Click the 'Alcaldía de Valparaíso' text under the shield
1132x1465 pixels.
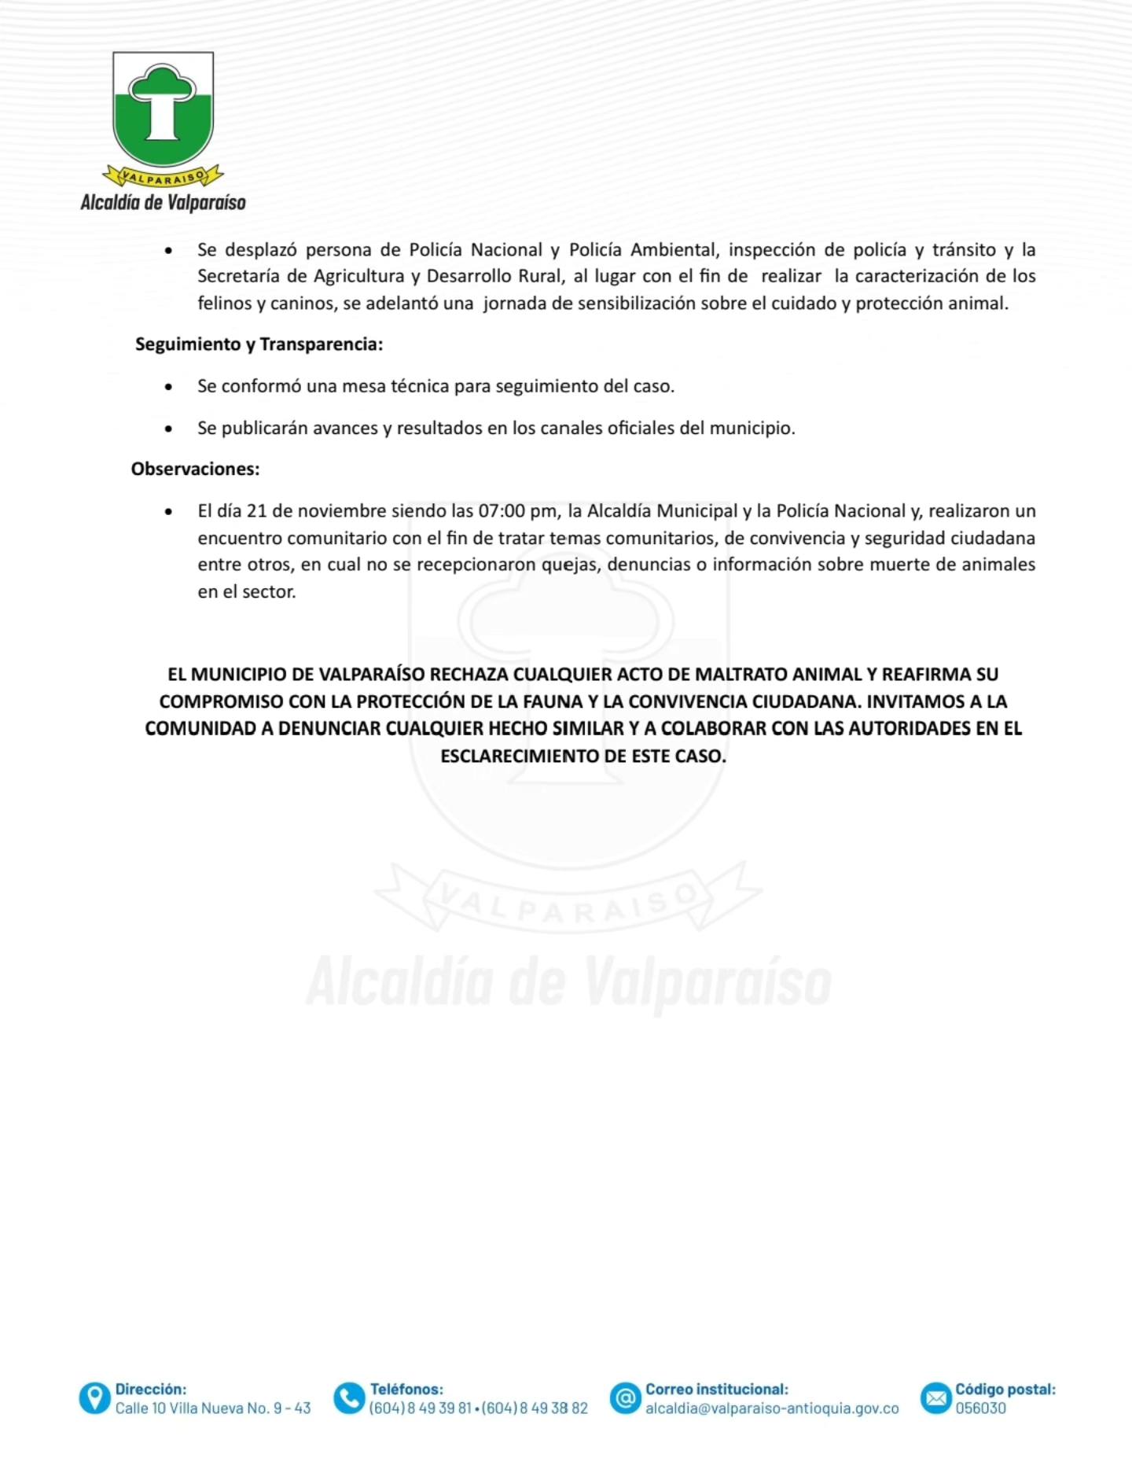coord(163,203)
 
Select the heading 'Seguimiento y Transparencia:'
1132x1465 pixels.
coord(259,344)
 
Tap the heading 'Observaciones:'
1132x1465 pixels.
coord(195,469)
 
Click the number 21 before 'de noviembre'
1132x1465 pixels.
coord(257,511)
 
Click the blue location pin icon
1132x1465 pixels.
coord(94,1398)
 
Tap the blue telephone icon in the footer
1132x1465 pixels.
coord(349,1398)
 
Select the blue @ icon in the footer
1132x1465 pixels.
coord(626,1398)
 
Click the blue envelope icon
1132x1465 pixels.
coord(935,1398)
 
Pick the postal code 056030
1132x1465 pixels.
coord(980,1408)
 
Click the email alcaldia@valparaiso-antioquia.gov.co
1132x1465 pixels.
coord(772,1408)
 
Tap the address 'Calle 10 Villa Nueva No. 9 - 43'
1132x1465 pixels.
coord(213,1408)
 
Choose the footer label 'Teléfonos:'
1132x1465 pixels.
coord(406,1390)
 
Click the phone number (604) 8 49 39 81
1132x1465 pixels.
coord(420,1408)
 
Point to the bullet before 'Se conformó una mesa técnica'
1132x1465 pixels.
coord(168,387)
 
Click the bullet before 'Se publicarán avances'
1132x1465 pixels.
coord(168,429)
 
